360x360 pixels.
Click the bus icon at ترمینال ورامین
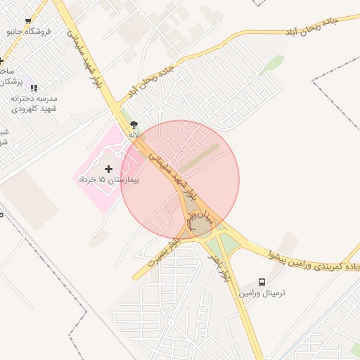(262, 281)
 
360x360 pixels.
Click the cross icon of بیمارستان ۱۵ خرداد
(108, 169)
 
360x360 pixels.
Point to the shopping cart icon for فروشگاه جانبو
(28, 22)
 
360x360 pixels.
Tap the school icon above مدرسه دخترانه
(34, 88)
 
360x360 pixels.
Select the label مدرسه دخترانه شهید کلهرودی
(33, 103)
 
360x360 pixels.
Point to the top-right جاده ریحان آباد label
(310, 27)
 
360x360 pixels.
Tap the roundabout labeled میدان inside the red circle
(202, 225)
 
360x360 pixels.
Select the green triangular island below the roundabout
(229, 244)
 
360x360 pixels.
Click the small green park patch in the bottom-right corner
(356, 349)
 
